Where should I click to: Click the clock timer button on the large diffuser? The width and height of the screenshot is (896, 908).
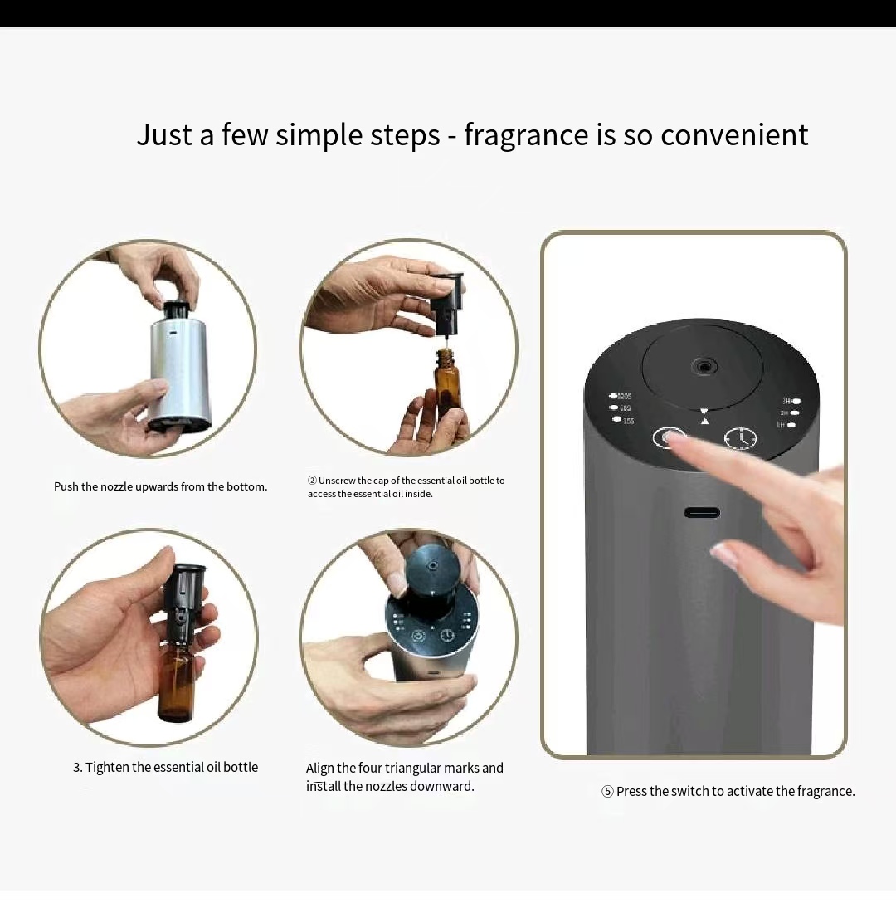pos(740,437)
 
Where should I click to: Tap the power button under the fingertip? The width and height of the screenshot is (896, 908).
pos(669,437)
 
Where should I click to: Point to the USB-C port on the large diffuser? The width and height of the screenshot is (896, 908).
pos(702,512)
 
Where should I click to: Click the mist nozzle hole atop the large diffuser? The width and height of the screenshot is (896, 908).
pos(704,366)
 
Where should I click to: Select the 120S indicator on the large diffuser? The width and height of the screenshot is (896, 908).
pos(621,397)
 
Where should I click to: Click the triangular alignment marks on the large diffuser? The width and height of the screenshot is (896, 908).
pos(704,416)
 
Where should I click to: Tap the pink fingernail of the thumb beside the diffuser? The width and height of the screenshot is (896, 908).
pos(724,555)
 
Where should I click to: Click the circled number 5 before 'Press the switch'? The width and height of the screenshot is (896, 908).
pos(607,792)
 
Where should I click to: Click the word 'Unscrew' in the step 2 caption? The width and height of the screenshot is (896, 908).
pos(337,481)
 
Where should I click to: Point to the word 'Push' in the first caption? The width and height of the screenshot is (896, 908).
pos(66,486)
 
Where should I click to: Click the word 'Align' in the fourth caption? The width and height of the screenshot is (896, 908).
pos(319,769)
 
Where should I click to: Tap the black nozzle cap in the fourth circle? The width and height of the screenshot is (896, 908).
pos(431,573)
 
